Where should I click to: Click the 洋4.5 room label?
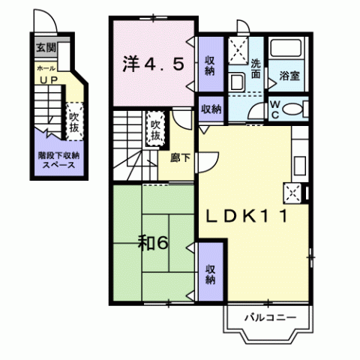154,64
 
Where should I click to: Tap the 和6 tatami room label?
153,243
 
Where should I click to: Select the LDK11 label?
247,217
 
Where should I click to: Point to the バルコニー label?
270,318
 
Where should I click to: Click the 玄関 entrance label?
46,47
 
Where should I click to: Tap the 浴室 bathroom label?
289,76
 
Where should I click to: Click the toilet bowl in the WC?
292,109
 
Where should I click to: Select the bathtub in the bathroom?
286,48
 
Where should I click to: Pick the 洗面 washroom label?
256,69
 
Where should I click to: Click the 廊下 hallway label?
180,158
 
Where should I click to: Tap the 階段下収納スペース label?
58,160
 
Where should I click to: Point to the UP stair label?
49,80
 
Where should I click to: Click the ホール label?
46,68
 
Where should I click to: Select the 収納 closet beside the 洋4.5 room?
210,65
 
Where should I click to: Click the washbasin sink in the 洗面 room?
237,82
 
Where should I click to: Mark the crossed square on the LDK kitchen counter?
292,193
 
